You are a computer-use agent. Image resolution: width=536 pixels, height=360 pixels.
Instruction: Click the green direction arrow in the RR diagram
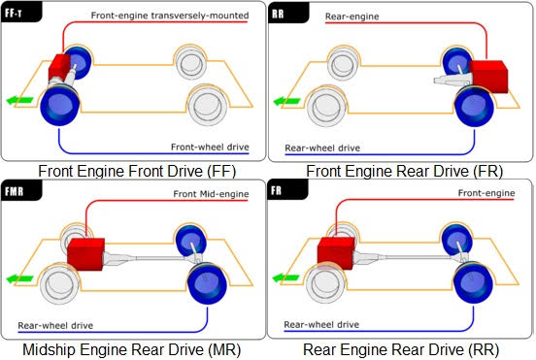(x=286, y=100)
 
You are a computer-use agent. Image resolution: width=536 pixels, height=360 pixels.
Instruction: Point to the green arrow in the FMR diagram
(x=18, y=278)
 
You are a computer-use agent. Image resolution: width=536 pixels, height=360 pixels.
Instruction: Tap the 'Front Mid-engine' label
(x=211, y=194)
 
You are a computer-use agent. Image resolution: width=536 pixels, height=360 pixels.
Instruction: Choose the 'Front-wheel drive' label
(x=208, y=147)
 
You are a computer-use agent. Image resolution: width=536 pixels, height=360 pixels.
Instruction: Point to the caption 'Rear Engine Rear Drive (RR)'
(x=400, y=349)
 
